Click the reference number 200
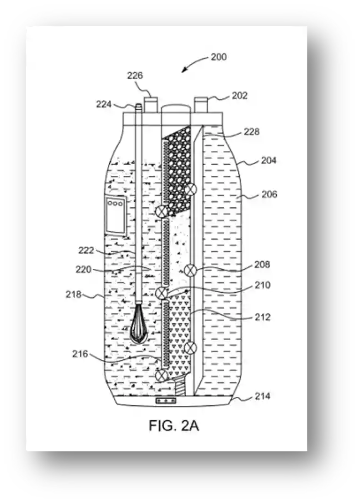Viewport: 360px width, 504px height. [219, 57]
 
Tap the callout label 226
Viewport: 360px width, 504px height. [135, 75]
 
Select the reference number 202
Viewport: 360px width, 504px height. [240, 95]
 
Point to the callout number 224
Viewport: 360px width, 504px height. [104, 104]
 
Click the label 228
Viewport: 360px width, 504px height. [251, 131]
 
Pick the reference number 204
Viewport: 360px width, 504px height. [268, 160]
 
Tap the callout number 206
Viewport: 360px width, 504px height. [269, 194]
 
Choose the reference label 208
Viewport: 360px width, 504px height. [262, 264]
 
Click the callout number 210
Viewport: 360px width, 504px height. [262, 285]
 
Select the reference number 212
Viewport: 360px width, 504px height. [262, 317]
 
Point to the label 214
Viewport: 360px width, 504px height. [262, 396]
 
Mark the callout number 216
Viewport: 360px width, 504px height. [80, 354]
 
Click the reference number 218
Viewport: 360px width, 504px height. [74, 294]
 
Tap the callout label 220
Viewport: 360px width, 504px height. [84, 269]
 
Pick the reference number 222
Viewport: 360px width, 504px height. [86, 250]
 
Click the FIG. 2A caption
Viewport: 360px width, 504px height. [174, 426]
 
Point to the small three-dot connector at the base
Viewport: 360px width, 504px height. [166, 401]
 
